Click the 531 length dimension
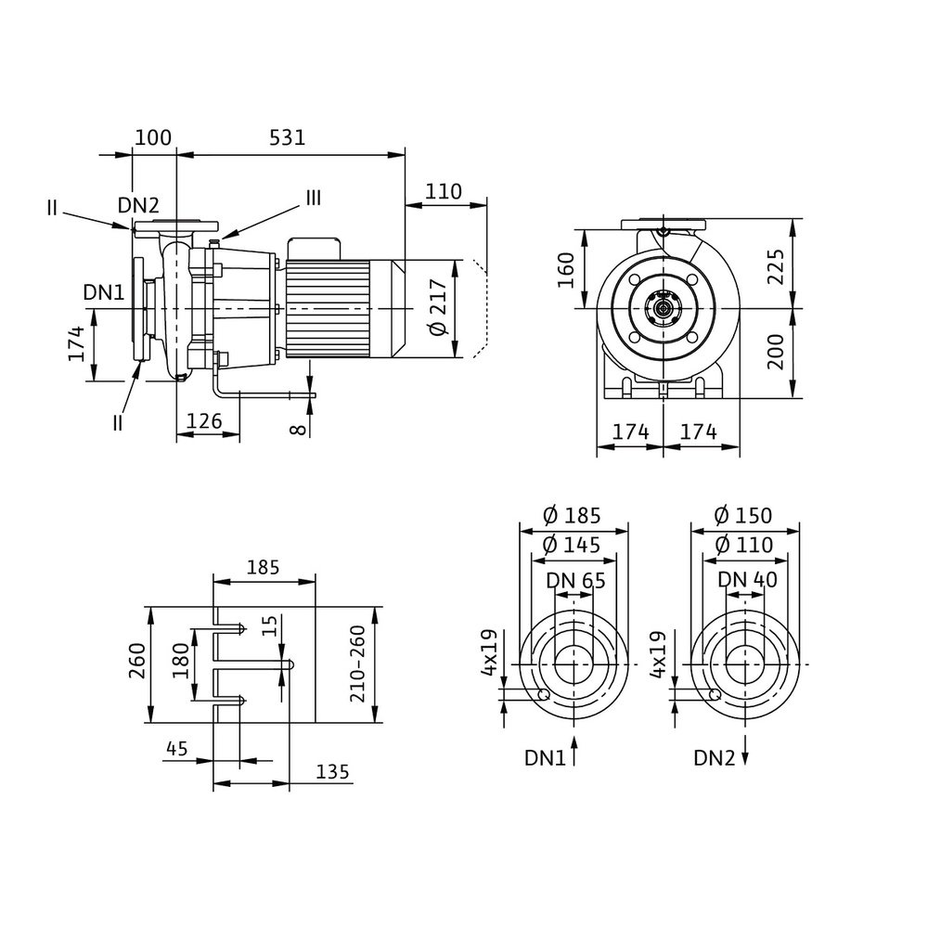[288, 137]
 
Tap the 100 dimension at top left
[153, 137]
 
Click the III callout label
[313, 198]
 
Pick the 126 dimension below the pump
[205, 420]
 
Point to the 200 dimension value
[777, 353]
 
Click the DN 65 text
[575, 580]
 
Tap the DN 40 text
[747, 580]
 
